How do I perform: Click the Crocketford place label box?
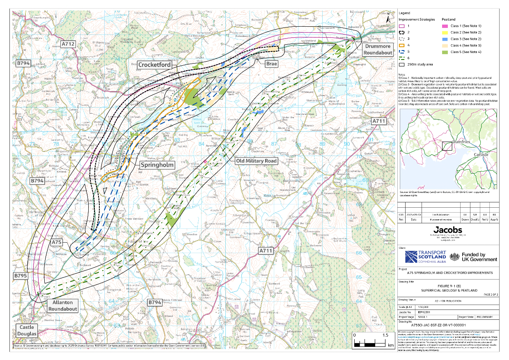pyautogui.click(x=154, y=65)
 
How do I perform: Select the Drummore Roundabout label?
pyautogui.click(x=377, y=50)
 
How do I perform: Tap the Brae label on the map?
pyautogui.click(x=272, y=64)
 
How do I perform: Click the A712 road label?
pyautogui.click(x=68, y=44)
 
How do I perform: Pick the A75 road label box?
pyautogui.click(x=57, y=243)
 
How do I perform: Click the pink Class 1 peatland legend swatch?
pyautogui.click(x=445, y=26)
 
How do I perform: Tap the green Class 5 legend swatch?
pyautogui.click(x=445, y=52)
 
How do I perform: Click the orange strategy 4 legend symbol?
pyautogui.click(x=402, y=45)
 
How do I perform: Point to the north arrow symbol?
pyautogui.click(x=388, y=18)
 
